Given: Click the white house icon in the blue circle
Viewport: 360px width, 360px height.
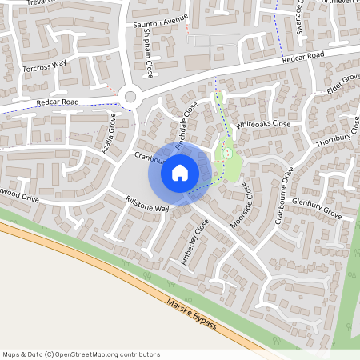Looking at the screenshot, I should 180,172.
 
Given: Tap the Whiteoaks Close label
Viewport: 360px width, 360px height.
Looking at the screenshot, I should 263,124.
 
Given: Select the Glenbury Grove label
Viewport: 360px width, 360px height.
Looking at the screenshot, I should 317,210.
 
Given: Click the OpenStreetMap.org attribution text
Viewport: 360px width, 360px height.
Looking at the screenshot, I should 81,354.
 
